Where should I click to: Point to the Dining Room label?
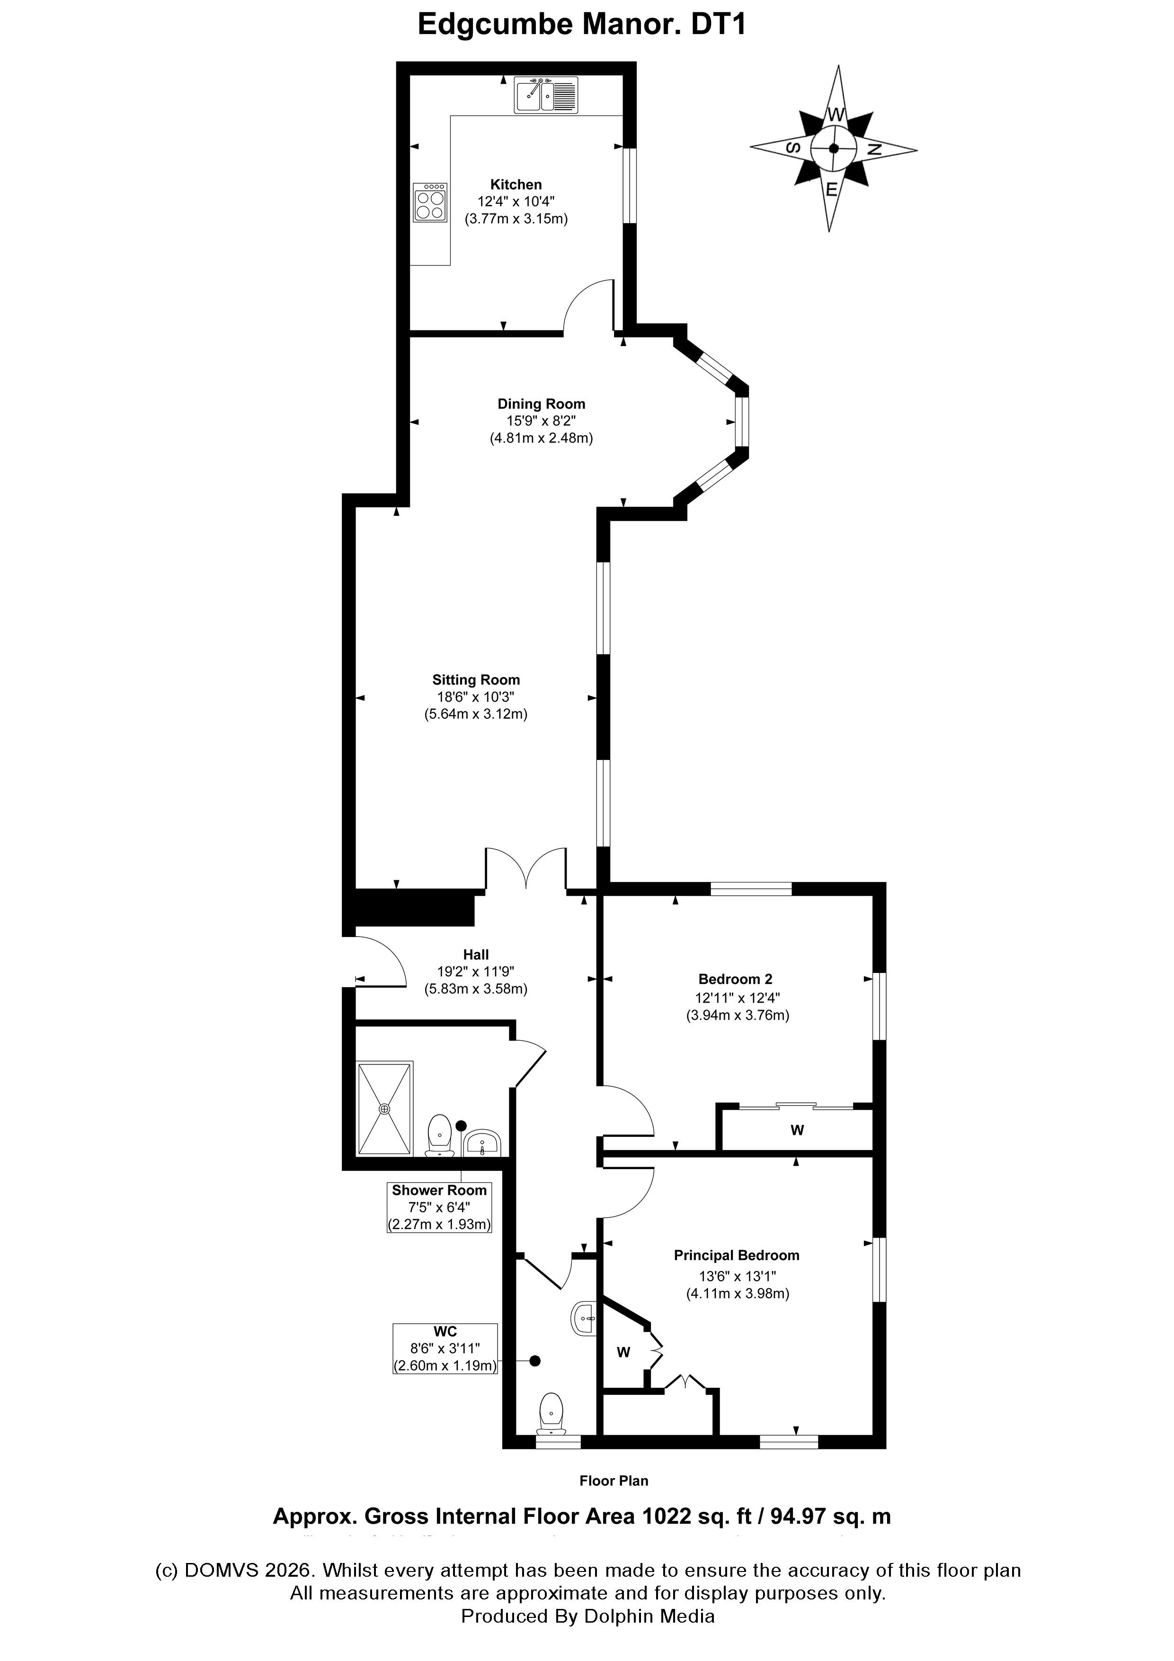541,404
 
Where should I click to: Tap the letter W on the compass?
836,114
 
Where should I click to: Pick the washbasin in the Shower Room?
482,1143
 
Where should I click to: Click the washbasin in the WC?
584,1318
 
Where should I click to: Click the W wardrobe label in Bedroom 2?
797,1130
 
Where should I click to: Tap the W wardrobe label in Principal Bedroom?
623,1351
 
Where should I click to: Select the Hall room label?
476,954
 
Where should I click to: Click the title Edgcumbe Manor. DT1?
582,25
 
